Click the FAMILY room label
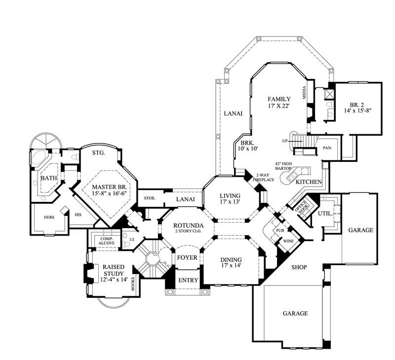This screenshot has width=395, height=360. coord(278,99)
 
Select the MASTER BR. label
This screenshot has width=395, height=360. coord(110,188)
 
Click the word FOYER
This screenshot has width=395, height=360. coord(187,258)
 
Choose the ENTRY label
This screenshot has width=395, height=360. coord(188,280)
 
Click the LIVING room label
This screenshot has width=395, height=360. coord(230,196)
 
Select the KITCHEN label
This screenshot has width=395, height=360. coord(309,182)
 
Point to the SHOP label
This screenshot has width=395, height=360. coord(299,267)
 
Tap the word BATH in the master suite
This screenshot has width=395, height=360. coord(48,178)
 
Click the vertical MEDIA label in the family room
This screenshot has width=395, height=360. coord(305,92)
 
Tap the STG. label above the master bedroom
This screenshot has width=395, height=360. coord(99,153)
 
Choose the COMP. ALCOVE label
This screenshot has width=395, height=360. coord(107,240)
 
